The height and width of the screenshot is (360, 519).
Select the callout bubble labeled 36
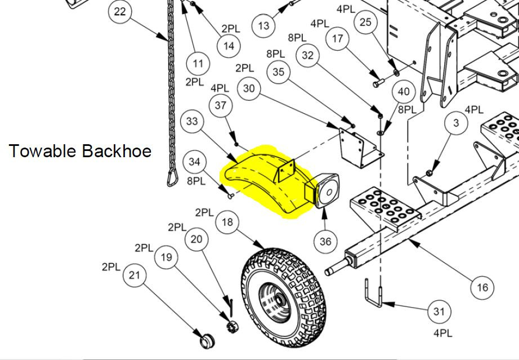(x=325, y=241)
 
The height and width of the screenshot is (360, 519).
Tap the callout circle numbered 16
(x=482, y=288)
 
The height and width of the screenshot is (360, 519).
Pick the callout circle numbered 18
(x=227, y=222)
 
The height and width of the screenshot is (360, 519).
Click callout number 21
(x=134, y=275)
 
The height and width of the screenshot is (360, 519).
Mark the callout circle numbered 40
(x=403, y=92)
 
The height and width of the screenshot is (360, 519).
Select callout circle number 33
(x=192, y=121)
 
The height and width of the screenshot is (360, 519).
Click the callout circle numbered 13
(x=264, y=25)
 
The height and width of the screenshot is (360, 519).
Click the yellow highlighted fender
(x=265, y=183)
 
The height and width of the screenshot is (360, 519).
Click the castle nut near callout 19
(x=231, y=325)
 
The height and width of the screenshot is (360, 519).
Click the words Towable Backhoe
(x=80, y=150)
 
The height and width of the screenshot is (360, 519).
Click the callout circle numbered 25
(x=365, y=22)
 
